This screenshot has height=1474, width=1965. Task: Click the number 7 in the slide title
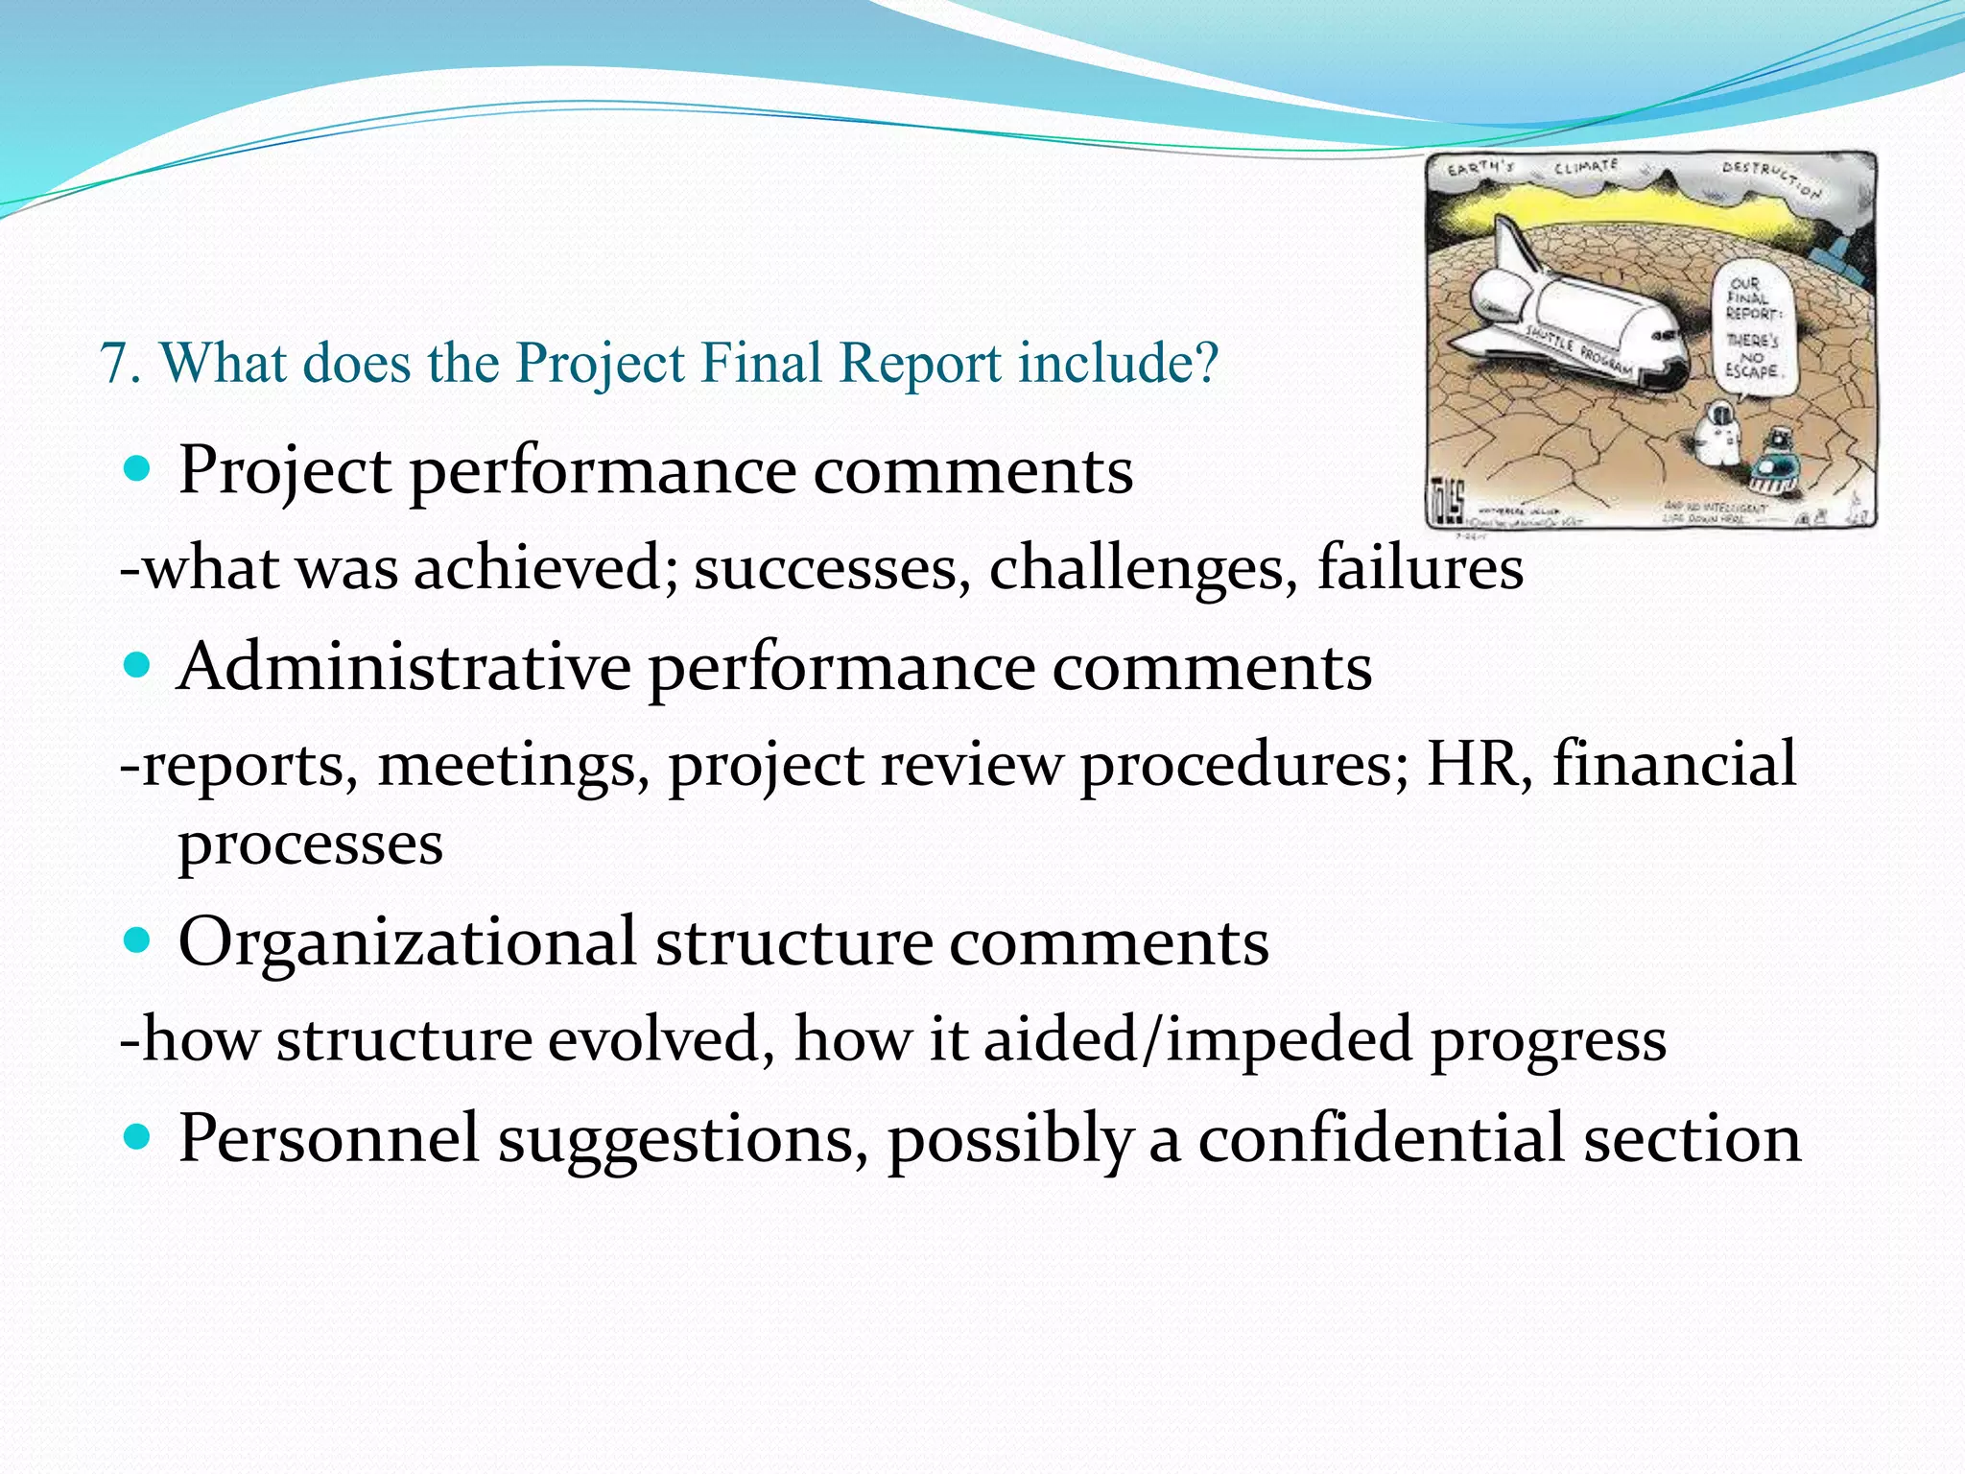[x=112, y=365]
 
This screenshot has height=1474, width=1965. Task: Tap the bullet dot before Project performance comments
[x=138, y=469]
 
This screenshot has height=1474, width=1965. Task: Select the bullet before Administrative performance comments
[x=138, y=665]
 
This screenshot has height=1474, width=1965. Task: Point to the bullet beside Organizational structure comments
[x=138, y=940]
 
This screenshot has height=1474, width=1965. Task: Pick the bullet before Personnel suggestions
[x=138, y=1137]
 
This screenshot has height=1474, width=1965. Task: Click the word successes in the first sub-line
[x=825, y=568]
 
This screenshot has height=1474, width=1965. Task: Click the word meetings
[x=507, y=766]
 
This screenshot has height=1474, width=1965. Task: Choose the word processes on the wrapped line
[x=310, y=844]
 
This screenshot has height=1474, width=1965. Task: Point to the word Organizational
[x=407, y=942]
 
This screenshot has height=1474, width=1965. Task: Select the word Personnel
[x=328, y=1138]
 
